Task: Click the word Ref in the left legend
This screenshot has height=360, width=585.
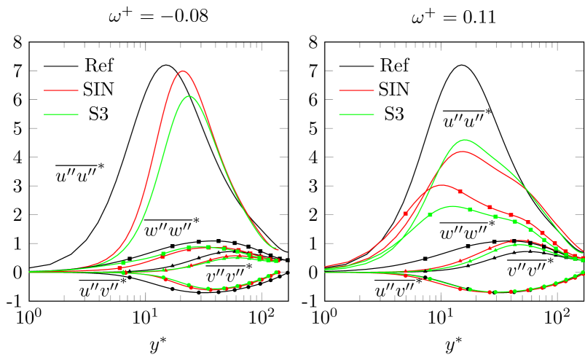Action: [x=98, y=66]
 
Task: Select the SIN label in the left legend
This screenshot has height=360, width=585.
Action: [x=98, y=90]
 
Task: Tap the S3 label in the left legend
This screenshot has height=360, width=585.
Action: [x=98, y=114]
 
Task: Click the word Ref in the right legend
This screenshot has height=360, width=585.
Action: [x=394, y=66]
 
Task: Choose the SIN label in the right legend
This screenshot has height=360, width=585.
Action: [x=394, y=90]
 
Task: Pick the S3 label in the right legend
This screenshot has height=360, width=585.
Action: [x=394, y=114]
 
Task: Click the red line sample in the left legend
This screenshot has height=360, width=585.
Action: [x=60, y=90]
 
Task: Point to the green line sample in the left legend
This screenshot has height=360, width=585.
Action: [x=60, y=114]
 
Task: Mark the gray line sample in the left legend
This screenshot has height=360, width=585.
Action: [x=60, y=66]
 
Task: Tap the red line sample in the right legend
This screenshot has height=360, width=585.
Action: [x=356, y=90]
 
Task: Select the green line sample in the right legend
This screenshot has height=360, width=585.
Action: [x=356, y=114]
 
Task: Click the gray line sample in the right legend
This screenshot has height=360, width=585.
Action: [x=356, y=66]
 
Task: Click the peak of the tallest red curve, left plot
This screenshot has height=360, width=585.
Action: [x=182, y=71]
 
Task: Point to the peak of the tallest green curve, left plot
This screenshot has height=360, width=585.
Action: [x=189, y=95]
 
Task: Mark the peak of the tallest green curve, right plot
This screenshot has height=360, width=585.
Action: [x=464, y=139]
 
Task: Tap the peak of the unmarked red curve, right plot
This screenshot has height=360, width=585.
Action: [x=461, y=151]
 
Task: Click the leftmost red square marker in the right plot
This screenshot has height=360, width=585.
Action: [x=406, y=214]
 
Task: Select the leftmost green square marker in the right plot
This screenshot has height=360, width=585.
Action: [x=430, y=214]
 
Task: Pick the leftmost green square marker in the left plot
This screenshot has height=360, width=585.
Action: [x=123, y=263]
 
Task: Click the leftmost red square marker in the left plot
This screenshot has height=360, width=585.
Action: [x=119, y=268]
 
